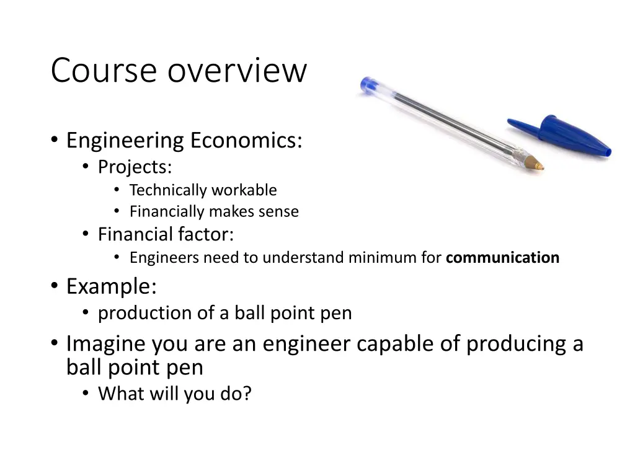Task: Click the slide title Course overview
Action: click(x=179, y=70)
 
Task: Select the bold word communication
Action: click(x=502, y=258)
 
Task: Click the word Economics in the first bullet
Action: click(x=246, y=141)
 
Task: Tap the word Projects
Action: click(x=135, y=167)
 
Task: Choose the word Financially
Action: click(x=167, y=212)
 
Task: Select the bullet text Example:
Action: click(x=112, y=287)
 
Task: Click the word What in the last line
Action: click(x=119, y=394)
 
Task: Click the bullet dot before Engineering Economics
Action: click(x=55, y=141)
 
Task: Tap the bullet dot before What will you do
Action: click(x=86, y=394)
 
